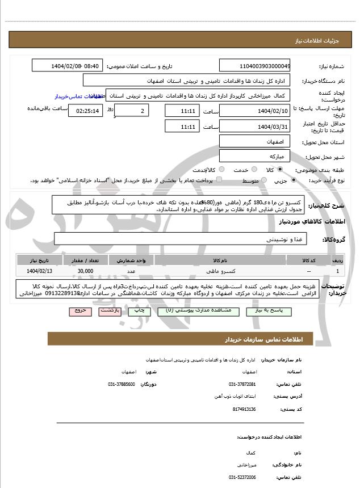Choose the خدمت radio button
pos(253,170)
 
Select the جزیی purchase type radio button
pos(293,180)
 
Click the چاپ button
pos(136,312)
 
